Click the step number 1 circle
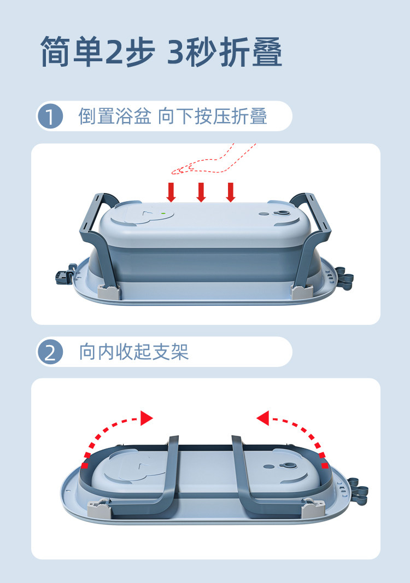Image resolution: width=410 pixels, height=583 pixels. (x=50, y=116)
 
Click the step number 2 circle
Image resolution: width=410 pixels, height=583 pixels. (x=50, y=352)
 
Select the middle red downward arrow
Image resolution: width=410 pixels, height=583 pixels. (x=201, y=192)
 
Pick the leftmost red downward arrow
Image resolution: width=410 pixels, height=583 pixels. (x=172, y=192)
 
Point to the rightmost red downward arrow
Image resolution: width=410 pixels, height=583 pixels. (x=231, y=192)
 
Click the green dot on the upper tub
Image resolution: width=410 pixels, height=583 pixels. (x=163, y=213)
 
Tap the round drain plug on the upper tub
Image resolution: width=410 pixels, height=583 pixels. (x=283, y=214)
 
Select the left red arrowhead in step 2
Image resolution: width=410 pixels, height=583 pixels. (x=146, y=418)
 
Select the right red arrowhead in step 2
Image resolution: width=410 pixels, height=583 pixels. (x=263, y=418)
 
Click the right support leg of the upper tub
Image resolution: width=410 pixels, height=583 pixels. (x=311, y=241)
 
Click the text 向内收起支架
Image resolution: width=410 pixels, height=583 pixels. (x=134, y=352)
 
